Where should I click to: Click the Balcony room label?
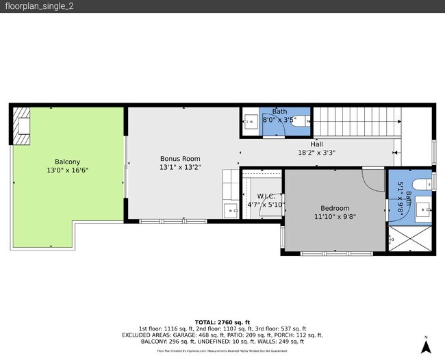[x=67, y=162]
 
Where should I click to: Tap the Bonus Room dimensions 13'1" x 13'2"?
[x=180, y=166]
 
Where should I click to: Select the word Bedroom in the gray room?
[x=335, y=209]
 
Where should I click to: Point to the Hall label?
[x=316, y=144]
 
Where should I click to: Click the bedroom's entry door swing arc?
[x=372, y=181]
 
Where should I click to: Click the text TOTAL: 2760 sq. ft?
[x=222, y=322]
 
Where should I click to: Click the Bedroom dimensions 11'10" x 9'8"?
[x=335, y=217]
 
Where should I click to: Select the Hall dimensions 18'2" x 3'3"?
[x=316, y=153]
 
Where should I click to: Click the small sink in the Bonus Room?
[x=228, y=209]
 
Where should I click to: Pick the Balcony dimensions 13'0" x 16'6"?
[x=67, y=170]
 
